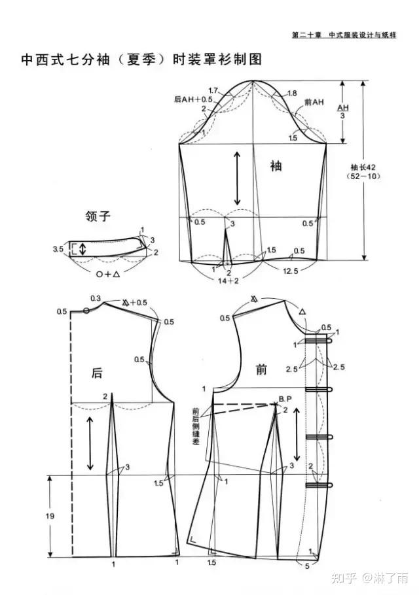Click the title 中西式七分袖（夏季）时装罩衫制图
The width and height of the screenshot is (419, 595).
(141, 59)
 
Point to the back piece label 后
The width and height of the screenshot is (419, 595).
(96, 373)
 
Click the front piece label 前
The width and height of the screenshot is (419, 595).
(261, 370)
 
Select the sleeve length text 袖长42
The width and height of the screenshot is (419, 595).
(362, 167)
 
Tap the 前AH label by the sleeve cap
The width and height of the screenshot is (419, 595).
(314, 102)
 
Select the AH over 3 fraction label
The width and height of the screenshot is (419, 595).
(343, 111)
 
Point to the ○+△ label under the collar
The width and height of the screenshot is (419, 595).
(108, 275)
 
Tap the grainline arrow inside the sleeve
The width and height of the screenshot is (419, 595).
(237, 178)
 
